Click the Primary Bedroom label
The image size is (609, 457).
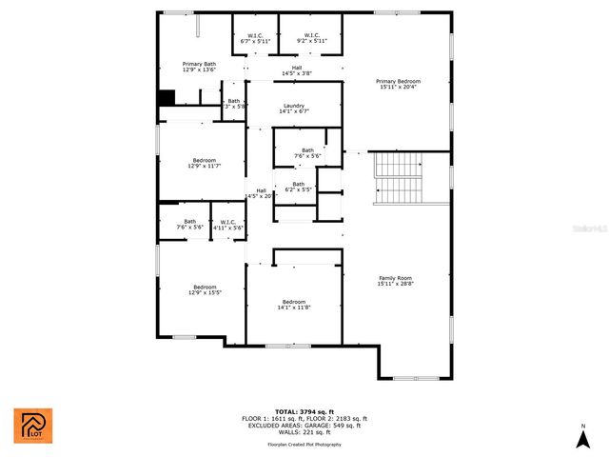pyautogui.click(x=398, y=85)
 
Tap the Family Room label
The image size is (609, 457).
pyautogui.click(x=395, y=280)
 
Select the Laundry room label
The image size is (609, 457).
pyautogui.click(x=293, y=109)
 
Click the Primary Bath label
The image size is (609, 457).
pyautogui.click(x=200, y=67)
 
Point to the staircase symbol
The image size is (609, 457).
pyautogui.click(x=400, y=178)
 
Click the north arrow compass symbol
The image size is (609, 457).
pyautogui.click(x=582, y=437)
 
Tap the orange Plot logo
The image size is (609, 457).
pyautogui.click(x=33, y=426)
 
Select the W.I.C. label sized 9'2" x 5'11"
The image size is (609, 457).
pyautogui.click(x=311, y=38)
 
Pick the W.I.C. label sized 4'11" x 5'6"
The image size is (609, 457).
pyautogui.click(x=227, y=225)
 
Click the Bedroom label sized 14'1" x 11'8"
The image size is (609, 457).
pyautogui.click(x=294, y=305)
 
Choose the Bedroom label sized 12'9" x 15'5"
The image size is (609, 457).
pyautogui.click(x=205, y=290)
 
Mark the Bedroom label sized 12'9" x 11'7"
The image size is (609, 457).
pyautogui.click(x=205, y=163)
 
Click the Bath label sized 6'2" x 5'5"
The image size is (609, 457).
pyautogui.click(x=299, y=187)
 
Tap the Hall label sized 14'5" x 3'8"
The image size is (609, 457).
pyautogui.click(x=297, y=70)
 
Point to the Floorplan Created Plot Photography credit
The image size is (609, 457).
pyautogui.click(x=304, y=445)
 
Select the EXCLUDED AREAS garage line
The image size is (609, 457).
pyautogui.click(x=304, y=425)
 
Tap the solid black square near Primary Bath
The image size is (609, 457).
pyautogui.click(x=167, y=97)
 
